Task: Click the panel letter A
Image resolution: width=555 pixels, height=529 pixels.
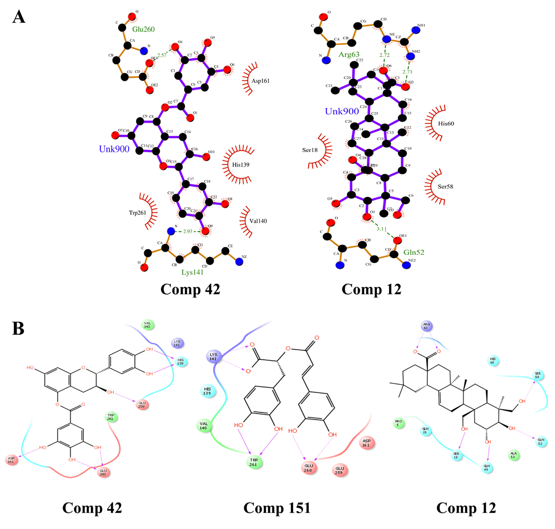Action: (19, 17)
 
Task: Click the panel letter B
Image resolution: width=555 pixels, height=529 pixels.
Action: (19, 329)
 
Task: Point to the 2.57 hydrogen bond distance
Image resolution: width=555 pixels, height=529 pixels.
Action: (162, 55)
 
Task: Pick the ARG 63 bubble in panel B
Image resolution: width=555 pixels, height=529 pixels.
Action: (427, 326)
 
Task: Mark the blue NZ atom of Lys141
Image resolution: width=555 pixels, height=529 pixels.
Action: (239, 261)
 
